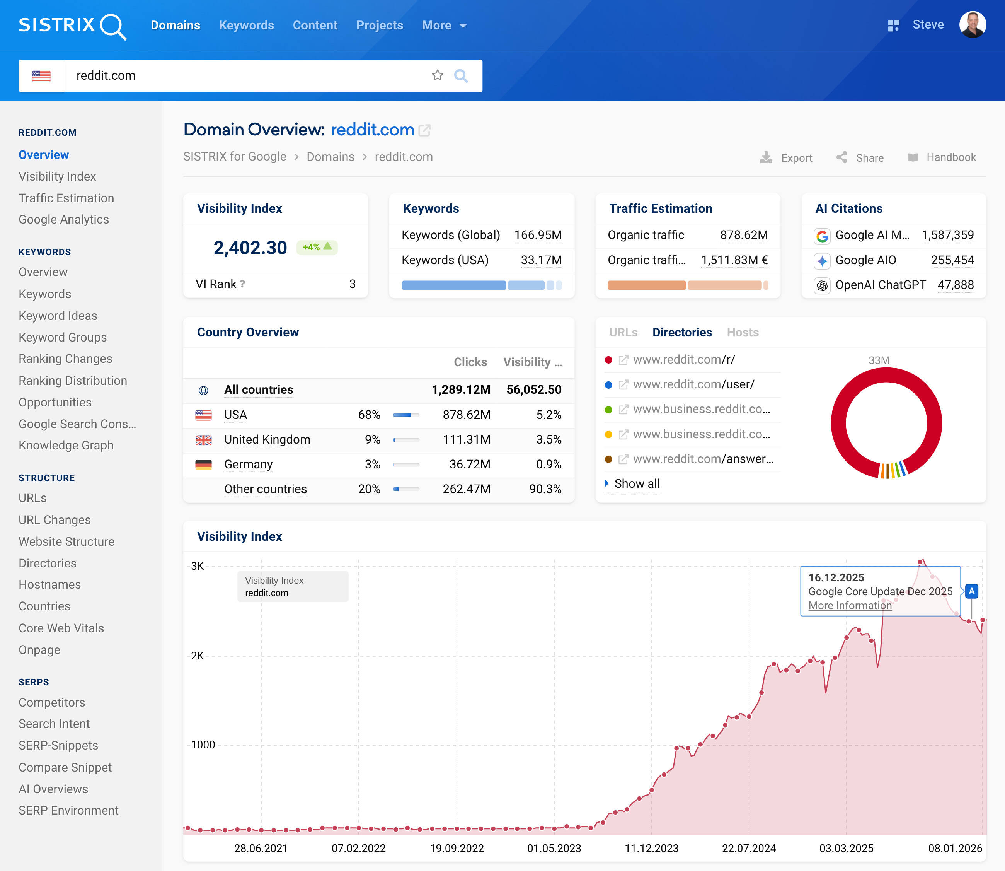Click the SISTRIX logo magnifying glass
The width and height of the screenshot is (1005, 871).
pos(113,26)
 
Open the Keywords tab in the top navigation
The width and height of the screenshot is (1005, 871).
pos(246,25)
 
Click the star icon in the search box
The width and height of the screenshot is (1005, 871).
pos(437,75)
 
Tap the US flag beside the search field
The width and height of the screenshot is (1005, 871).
pos(41,76)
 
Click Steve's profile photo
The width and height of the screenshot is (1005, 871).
pos(972,25)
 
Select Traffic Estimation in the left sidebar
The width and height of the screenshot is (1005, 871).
pos(66,198)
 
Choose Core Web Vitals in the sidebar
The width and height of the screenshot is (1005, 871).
pos(61,628)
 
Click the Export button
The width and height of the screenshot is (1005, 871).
pos(787,157)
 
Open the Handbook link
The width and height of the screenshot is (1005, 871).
pos(942,157)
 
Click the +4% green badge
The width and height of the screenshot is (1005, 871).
pos(317,247)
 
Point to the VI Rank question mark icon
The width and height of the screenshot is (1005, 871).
pos(242,284)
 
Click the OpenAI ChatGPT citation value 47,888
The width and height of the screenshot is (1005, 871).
pos(955,285)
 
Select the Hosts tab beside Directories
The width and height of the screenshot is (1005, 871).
pos(742,333)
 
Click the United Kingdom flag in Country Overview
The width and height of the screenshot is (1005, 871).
pos(204,440)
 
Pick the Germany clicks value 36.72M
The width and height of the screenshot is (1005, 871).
pos(469,464)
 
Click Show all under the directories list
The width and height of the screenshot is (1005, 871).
pos(636,483)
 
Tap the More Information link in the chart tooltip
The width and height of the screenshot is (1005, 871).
pos(850,606)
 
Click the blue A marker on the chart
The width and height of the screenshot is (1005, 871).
pos(971,591)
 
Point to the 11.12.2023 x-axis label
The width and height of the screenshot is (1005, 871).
pos(651,848)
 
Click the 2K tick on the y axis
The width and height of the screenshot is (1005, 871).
pos(197,656)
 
